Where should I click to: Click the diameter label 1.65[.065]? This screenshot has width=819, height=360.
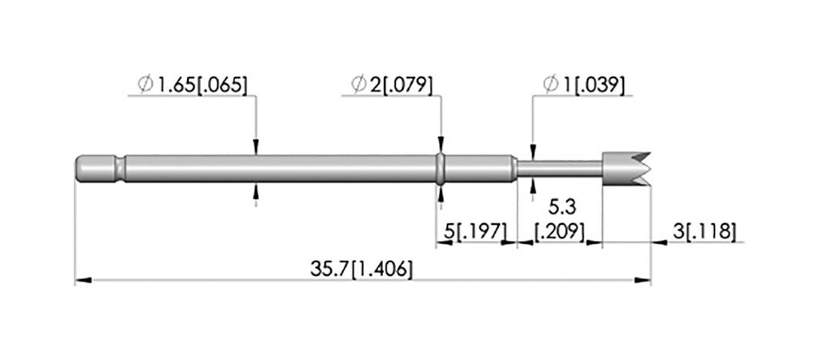click(x=192, y=84)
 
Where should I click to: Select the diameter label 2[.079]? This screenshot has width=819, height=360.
click(x=392, y=84)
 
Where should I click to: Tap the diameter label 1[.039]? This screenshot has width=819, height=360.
click(x=583, y=84)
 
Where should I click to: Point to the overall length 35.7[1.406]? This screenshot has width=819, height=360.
click(x=362, y=269)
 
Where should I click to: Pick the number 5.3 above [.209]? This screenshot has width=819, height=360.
click(x=561, y=208)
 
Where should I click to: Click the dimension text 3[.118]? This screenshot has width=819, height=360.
click(x=704, y=231)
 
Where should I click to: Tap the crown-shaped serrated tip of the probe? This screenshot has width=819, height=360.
click(x=626, y=169)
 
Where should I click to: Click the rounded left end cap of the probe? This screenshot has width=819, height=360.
click(x=95, y=169)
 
